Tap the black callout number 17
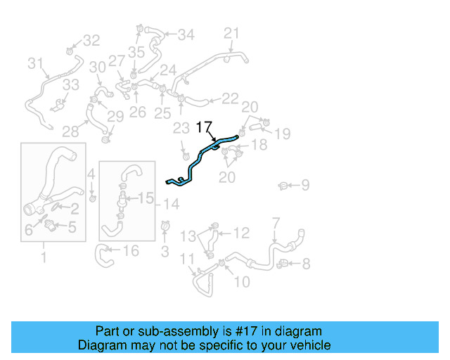coord(203,127)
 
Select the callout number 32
coord(92,41)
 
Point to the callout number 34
coord(186,34)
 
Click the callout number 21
coord(231,33)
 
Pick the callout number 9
coord(305,186)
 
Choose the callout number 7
coord(276,223)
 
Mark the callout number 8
coord(306,264)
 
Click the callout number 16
coord(131,251)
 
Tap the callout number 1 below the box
coord(44,258)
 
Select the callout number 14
coord(171,204)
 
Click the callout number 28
coord(70,131)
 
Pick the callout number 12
coord(241,233)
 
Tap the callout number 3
coord(165,251)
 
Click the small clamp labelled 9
coord(283,186)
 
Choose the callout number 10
coord(241,282)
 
